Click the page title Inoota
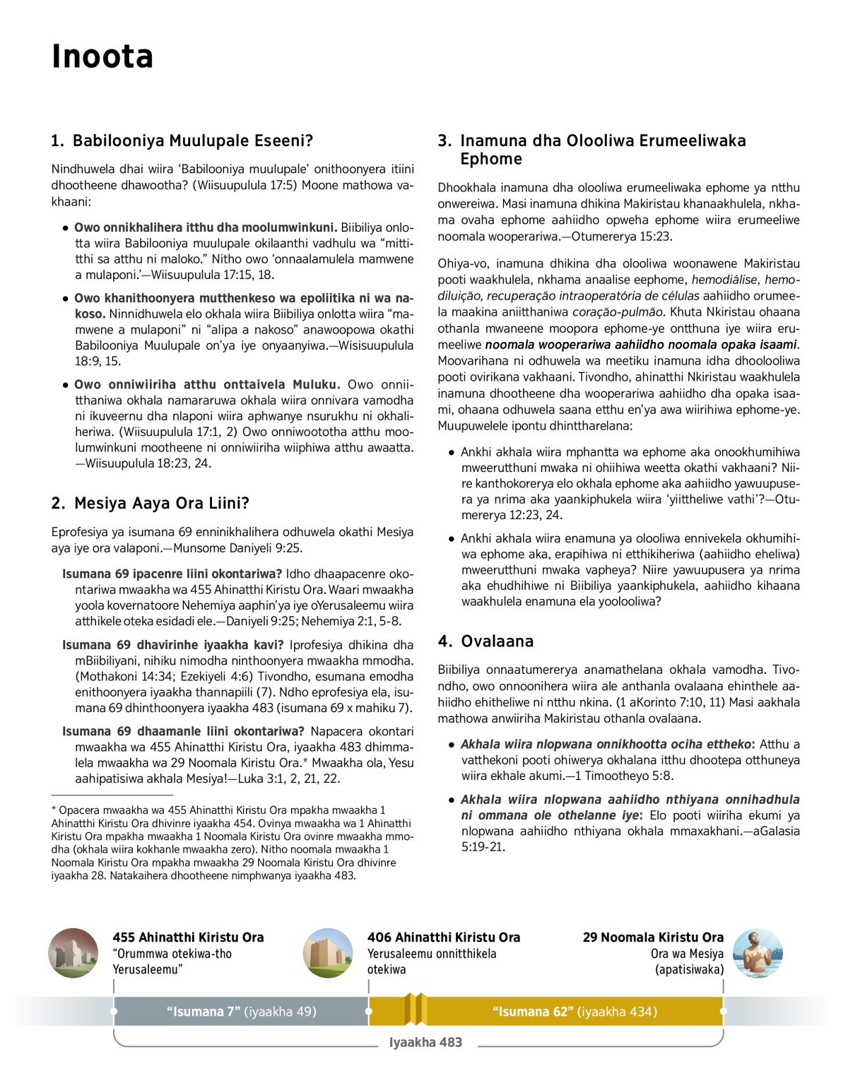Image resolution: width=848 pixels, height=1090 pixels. pyautogui.click(x=102, y=57)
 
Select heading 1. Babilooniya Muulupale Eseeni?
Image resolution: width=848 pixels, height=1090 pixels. pyautogui.click(x=182, y=141)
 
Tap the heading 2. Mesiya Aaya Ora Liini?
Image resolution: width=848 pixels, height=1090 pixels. pyautogui.click(x=150, y=503)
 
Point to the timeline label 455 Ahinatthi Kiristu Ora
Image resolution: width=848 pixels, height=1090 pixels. pyautogui.click(x=188, y=937)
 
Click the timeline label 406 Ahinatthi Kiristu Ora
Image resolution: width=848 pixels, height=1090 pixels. pyautogui.click(x=443, y=937)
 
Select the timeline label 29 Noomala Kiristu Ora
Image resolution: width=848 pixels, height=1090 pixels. pyautogui.click(x=653, y=937)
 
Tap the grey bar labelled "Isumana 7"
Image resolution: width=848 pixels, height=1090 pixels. pyautogui.click(x=241, y=1012)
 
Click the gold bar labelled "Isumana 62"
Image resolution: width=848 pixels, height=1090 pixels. pyautogui.click(x=575, y=1012)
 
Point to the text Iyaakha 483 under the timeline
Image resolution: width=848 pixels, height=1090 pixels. pyautogui.click(x=425, y=1043)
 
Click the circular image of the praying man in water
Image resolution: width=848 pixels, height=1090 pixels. pyautogui.click(x=758, y=953)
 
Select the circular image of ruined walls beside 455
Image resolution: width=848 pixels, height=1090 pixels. pyautogui.click(x=73, y=953)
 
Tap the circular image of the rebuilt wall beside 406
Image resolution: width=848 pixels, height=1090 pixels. pyautogui.click(x=328, y=953)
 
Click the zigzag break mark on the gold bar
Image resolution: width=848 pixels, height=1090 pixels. pyautogui.click(x=416, y=1009)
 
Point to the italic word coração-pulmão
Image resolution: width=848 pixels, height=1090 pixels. pyautogui.click(x=618, y=312)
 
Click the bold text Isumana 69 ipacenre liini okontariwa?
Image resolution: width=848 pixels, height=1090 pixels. pyautogui.click(x=172, y=574)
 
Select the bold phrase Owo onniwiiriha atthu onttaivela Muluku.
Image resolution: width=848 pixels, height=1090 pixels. pyautogui.click(x=207, y=384)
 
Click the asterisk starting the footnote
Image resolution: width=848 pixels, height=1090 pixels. pyautogui.click(x=54, y=810)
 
